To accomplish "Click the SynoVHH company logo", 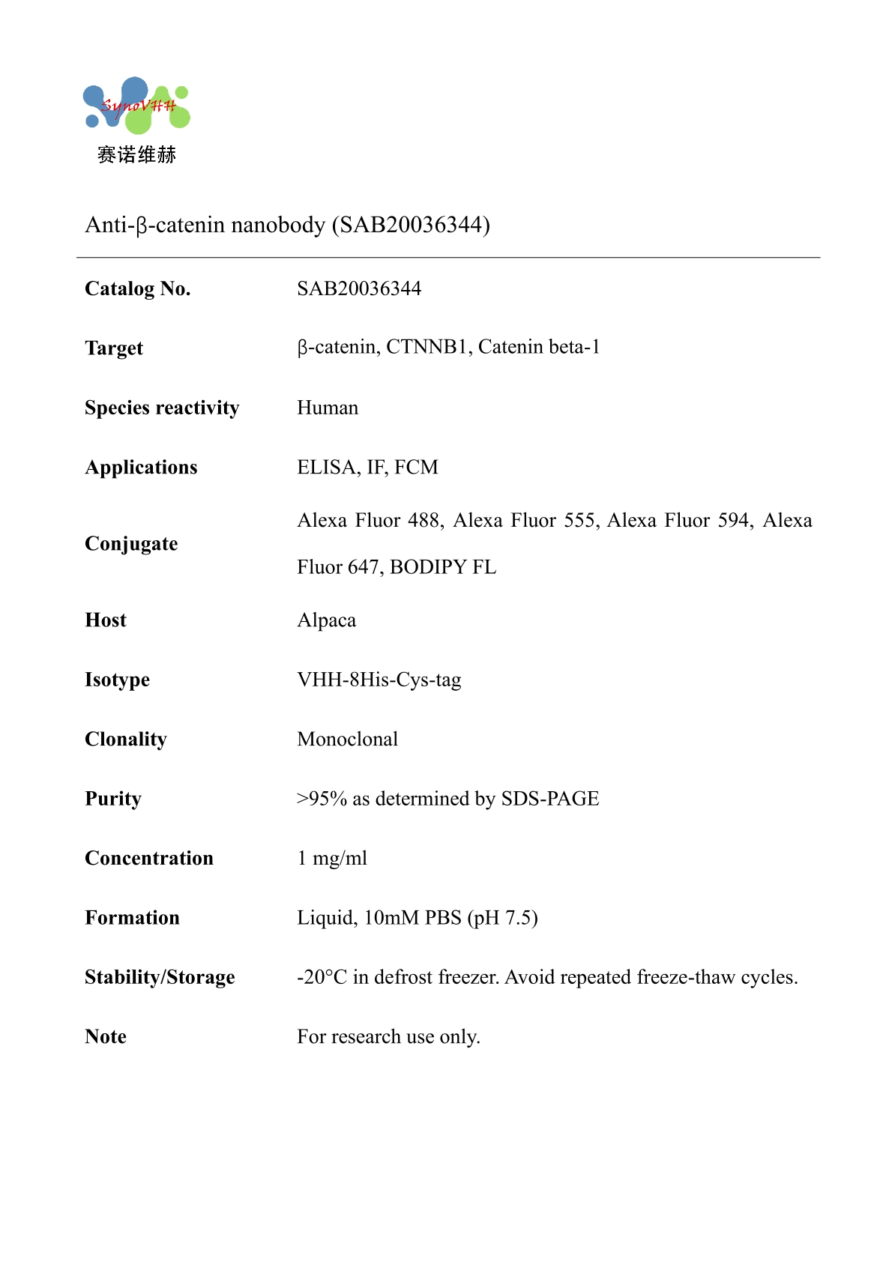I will (136, 106).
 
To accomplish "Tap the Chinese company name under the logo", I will (136, 155).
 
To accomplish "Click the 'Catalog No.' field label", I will (137, 288).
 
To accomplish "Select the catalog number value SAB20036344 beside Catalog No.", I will (359, 288).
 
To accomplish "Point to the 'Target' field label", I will (114, 348).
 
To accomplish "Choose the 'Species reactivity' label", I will (162, 408).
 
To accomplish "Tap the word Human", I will (328, 408).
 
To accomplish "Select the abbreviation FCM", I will (416, 468).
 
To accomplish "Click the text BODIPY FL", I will (443, 567).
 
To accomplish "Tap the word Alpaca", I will (327, 620).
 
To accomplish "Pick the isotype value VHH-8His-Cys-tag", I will (379, 680).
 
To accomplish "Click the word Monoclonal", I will (348, 740).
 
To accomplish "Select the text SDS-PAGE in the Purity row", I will (550, 799).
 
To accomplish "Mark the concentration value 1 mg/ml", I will (332, 859).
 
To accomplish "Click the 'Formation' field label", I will (132, 918).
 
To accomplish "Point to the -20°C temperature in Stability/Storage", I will (322, 977).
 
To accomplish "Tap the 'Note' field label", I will (106, 1037).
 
